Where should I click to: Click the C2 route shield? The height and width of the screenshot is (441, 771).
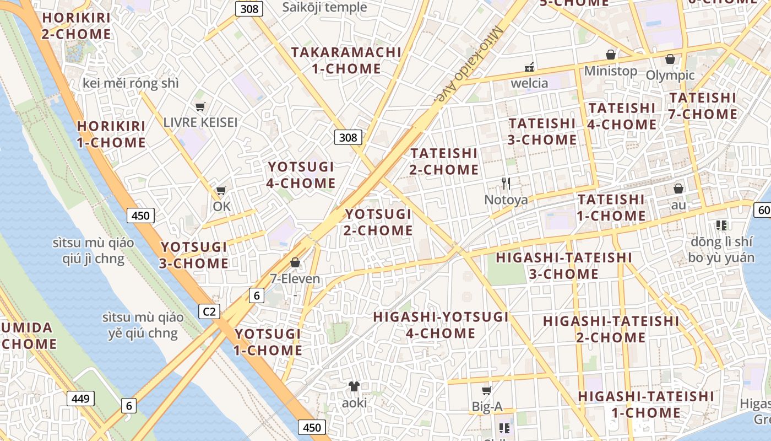(209, 312)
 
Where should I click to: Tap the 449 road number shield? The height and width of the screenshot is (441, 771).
(80, 398)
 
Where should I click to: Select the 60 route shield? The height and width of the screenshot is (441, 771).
(763, 209)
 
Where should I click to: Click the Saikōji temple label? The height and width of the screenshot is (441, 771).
(324, 7)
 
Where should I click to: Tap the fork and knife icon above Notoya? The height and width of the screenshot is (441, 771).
(506, 184)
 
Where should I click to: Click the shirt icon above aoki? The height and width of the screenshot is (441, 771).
(354, 386)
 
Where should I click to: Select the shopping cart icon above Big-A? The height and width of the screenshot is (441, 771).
(486, 391)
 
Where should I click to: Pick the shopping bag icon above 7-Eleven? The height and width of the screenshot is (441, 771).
(295, 262)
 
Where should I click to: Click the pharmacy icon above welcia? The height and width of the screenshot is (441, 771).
(529, 67)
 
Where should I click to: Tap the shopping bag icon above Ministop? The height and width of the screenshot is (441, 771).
(610, 55)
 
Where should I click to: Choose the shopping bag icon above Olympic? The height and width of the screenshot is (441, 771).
(670, 59)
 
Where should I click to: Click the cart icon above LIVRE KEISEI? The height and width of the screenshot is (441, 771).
(200, 106)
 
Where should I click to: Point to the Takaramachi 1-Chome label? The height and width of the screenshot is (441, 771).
(346, 61)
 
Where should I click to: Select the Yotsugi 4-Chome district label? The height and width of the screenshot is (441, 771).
(301, 175)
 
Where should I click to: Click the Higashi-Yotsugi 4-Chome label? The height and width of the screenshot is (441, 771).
(441, 325)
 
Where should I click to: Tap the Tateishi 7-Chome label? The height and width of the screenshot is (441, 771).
(703, 106)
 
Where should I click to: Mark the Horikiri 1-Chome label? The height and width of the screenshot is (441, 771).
(111, 134)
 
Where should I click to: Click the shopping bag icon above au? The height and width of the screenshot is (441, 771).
(678, 189)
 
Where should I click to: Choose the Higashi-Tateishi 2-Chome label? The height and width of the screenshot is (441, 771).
(611, 329)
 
